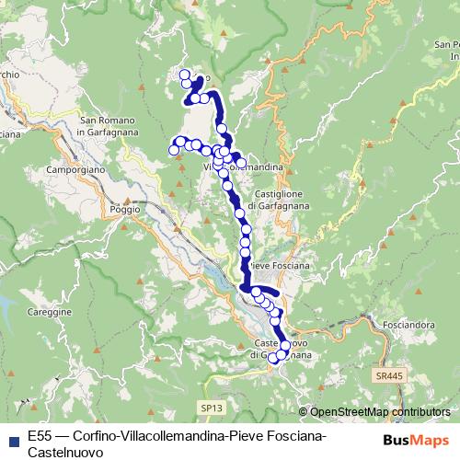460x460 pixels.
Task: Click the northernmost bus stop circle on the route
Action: click(x=185, y=75)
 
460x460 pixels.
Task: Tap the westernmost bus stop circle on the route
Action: click(x=173, y=149)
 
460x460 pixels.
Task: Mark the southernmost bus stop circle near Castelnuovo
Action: click(x=272, y=359)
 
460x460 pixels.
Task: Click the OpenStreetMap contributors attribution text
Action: click(x=379, y=412)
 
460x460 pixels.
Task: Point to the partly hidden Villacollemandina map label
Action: click(x=241, y=167)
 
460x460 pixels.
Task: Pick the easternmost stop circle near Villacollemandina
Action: click(x=241, y=162)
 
